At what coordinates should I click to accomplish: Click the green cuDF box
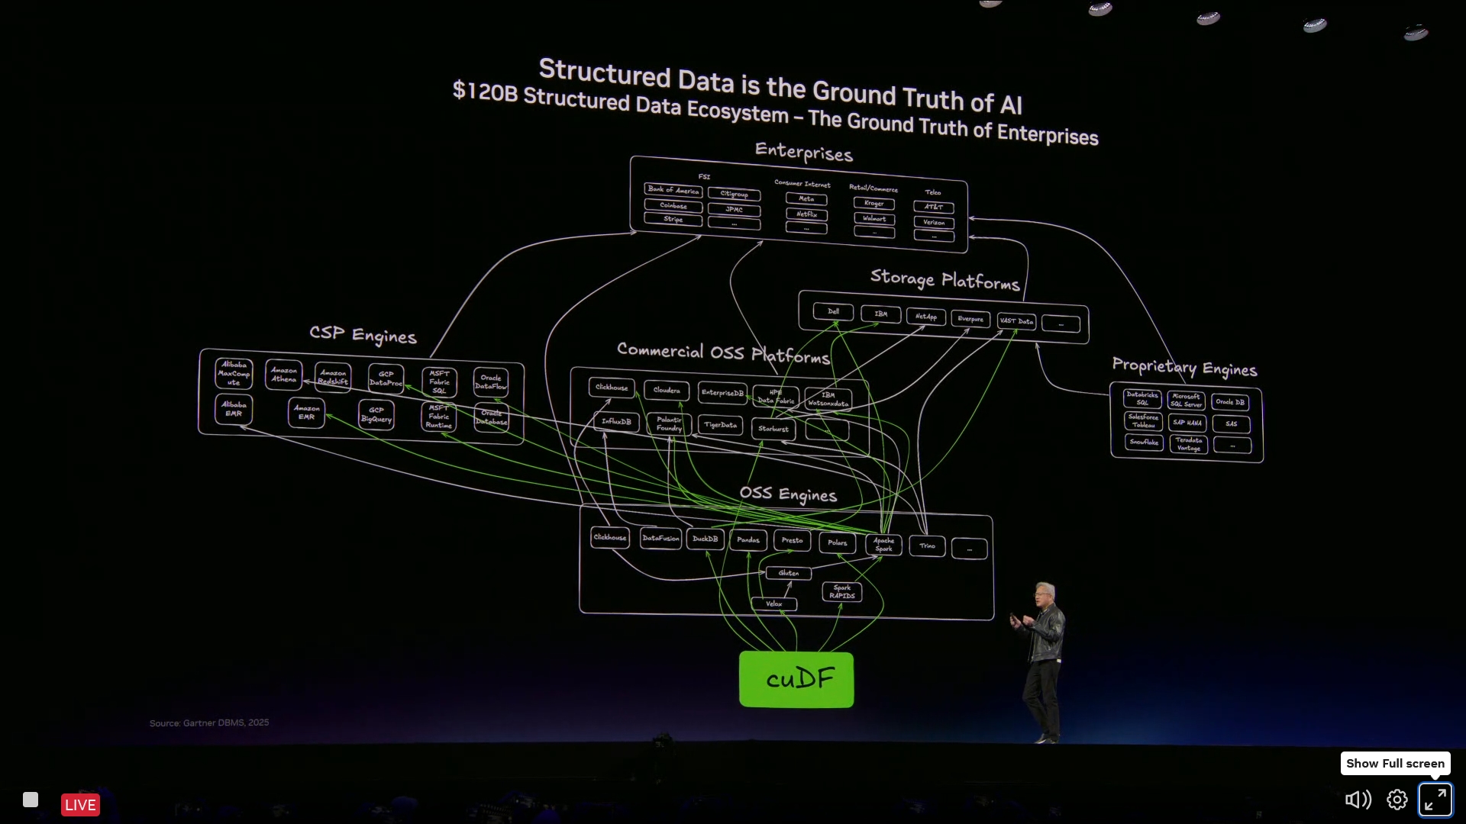point(796,679)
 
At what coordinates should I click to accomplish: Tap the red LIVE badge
point(80,805)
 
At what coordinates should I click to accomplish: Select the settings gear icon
point(1397,800)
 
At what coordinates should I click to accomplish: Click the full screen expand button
point(1435,800)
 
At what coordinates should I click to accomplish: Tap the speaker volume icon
point(1358,800)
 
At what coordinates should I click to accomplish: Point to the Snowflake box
point(1144,443)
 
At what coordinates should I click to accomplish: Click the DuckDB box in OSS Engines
point(705,539)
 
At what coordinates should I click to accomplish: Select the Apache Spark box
point(883,545)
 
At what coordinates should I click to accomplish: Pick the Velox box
point(774,604)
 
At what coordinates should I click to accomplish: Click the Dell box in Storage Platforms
point(833,311)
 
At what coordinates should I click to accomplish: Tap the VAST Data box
point(1016,321)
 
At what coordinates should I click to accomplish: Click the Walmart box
point(874,219)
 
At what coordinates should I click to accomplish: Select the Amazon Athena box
point(283,375)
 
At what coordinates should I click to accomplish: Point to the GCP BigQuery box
point(376,414)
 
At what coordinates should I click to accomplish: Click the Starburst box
point(773,429)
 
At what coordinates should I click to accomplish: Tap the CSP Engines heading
point(363,335)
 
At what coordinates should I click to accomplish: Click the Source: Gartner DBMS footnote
point(209,723)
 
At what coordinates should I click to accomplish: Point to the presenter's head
point(1044,594)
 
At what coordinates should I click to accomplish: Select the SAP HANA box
point(1187,423)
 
